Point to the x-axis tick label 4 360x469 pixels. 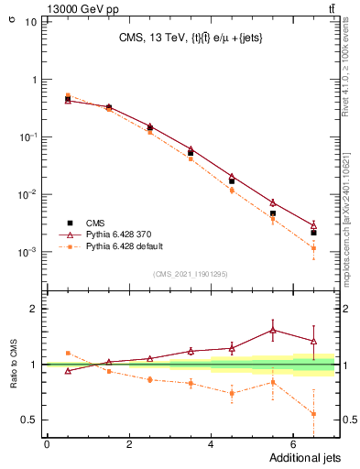pyautogui.click(x=211, y=444)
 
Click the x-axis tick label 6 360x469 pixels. pyautogui.click(x=293, y=444)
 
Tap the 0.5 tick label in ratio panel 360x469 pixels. pyautogui.click(x=30, y=420)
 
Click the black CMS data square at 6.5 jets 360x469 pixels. pyautogui.click(x=314, y=233)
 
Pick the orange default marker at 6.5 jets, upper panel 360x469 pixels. pyautogui.click(x=314, y=247)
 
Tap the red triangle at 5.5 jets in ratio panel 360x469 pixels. pyautogui.click(x=273, y=330)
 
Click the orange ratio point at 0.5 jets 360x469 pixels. pyautogui.click(x=68, y=353)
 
